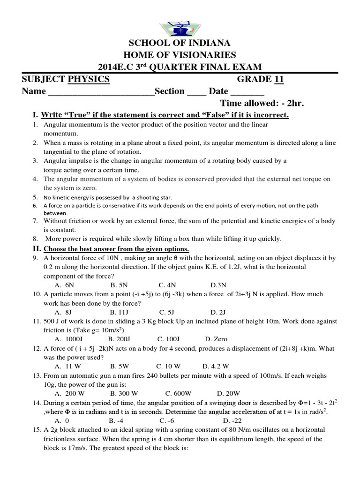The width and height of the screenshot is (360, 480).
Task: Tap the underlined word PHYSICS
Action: point(89,79)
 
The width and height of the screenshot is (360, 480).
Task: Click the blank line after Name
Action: point(101,91)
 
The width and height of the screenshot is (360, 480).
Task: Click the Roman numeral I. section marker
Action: point(35,115)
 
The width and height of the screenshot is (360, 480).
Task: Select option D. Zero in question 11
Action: point(216,339)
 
